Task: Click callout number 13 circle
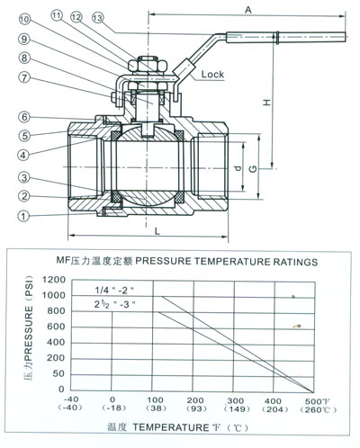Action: (x=97, y=18)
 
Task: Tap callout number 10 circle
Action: (x=24, y=20)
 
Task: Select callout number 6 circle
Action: (x=24, y=117)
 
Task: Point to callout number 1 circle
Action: (x=23, y=216)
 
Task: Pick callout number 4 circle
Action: (x=23, y=156)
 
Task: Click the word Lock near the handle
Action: (x=212, y=74)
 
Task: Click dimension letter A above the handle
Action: (x=248, y=10)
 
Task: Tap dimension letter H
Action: (x=266, y=103)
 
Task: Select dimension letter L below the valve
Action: (x=157, y=231)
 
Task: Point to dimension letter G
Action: (x=253, y=169)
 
